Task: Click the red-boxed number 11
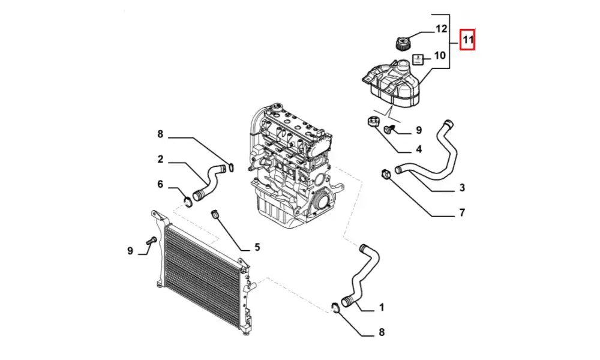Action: click(x=468, y=41)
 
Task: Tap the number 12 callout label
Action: click(x=442, y=29)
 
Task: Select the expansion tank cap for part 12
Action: click(x=401, y=44)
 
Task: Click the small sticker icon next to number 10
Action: click(x=419, y=59)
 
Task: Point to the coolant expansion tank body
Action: click(x=393, y=82)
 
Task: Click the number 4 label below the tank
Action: click(x=418, y=149)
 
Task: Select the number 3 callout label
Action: click(x=462, y=188)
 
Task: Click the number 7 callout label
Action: click(x=461, y=212)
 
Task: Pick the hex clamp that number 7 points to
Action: click(x=386, y=174)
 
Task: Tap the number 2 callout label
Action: click(x=161, y=160)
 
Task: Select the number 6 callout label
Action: click(x=160, y=184)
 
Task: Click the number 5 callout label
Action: click(x=257, y=247)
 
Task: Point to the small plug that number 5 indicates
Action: click(x=214, y=214)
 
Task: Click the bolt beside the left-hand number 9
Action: click(x=150, y=241)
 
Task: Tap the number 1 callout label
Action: click(x=381, y=308)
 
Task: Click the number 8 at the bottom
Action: click(x=381, y=332)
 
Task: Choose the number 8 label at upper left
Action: click(x=160, y=134)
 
